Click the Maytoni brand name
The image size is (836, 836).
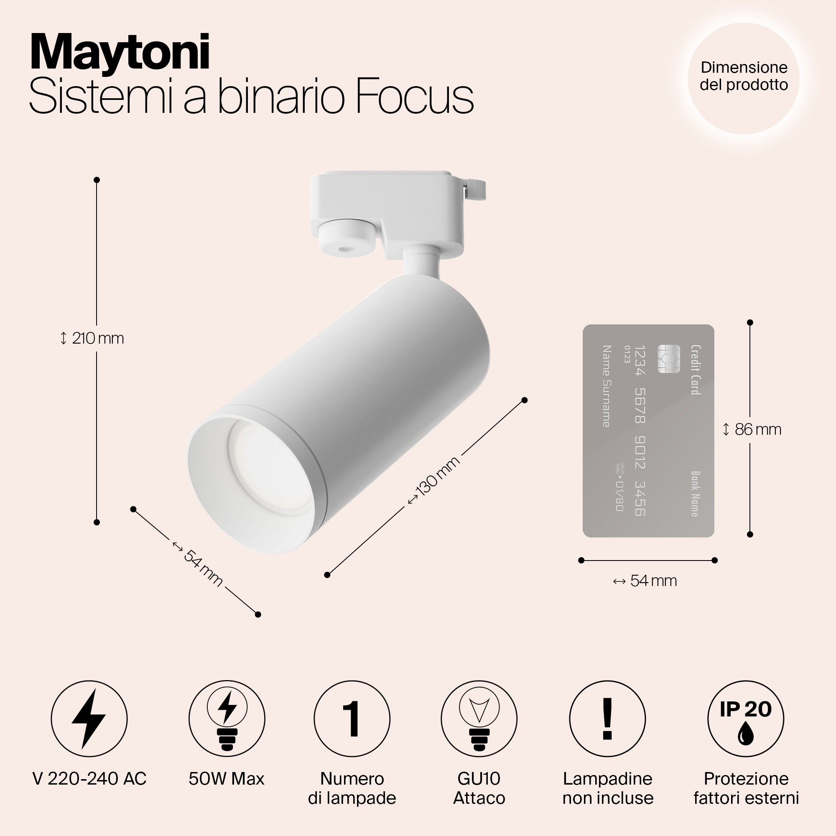tap(120, 52)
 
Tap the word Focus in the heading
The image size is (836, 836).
tap(414, 97)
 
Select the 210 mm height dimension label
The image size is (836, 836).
tap(92, 338)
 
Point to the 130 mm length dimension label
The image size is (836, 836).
tap(434, 480)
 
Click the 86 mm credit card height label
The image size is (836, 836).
tap(753, 429)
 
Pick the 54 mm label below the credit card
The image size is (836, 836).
tap(645, 581)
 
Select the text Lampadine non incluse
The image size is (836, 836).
tap(607, 788)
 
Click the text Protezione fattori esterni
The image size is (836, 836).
tap(746, 788)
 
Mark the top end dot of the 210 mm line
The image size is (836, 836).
tap(97, 180)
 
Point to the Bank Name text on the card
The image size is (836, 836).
tap(695, 494)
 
